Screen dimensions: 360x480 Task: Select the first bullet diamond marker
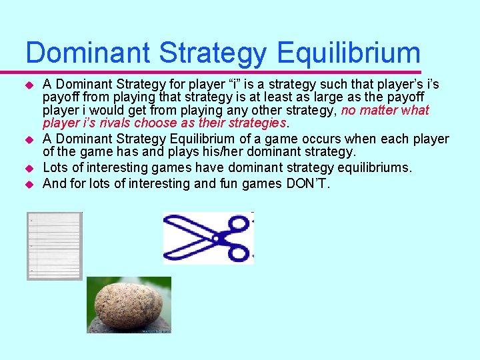click(x=29, y=85)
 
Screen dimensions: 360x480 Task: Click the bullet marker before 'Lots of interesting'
click(x=29, y=169)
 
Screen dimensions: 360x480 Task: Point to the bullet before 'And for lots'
click(x=29, y=184)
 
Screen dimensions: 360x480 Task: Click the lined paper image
click(x=54, y=245)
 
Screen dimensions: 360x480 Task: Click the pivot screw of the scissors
click(x=215, y=238)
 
